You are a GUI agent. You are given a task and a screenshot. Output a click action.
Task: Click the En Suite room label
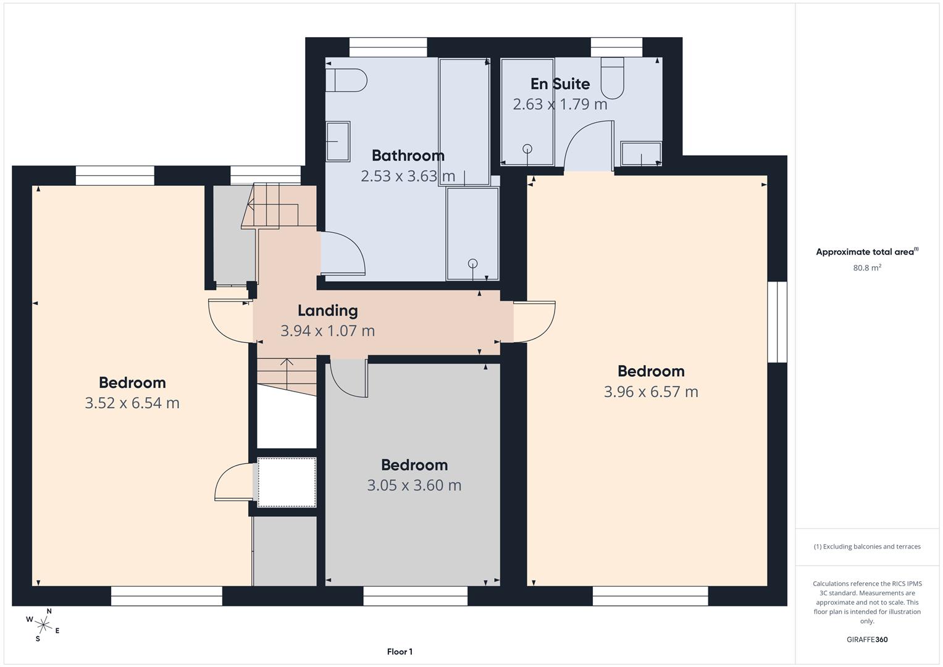coord(560,84)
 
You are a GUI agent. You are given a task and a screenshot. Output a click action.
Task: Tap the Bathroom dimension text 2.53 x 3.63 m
coord(408,176)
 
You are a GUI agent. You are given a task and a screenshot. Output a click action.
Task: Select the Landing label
coord(327,311)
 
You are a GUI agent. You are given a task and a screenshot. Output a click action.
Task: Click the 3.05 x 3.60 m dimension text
coord(414,485)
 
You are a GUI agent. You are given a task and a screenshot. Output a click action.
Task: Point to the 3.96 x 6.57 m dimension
coord(651,392)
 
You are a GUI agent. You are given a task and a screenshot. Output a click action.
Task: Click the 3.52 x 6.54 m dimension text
coord(132,403)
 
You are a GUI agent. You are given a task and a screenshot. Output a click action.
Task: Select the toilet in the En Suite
coord(613,78)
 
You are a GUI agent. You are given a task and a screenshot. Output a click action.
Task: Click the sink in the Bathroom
coord(338,141)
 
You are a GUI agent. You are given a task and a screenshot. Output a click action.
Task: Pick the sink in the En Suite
coord(641,154)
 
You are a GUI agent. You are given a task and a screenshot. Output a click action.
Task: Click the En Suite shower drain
coord(527,148)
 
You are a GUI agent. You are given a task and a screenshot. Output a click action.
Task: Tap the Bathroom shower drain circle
coord(473,263)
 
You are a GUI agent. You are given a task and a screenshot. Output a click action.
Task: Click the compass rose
coord(43,624)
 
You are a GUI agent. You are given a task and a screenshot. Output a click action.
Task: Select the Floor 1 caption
coord(400,652)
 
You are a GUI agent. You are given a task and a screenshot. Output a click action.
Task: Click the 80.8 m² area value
coord(866,268)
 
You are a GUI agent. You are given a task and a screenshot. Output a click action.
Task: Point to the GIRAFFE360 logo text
coord(866,640)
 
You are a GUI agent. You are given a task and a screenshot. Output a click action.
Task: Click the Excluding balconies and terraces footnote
coord(866,547)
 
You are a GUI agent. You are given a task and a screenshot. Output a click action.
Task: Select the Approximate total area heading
coord(866,252)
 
